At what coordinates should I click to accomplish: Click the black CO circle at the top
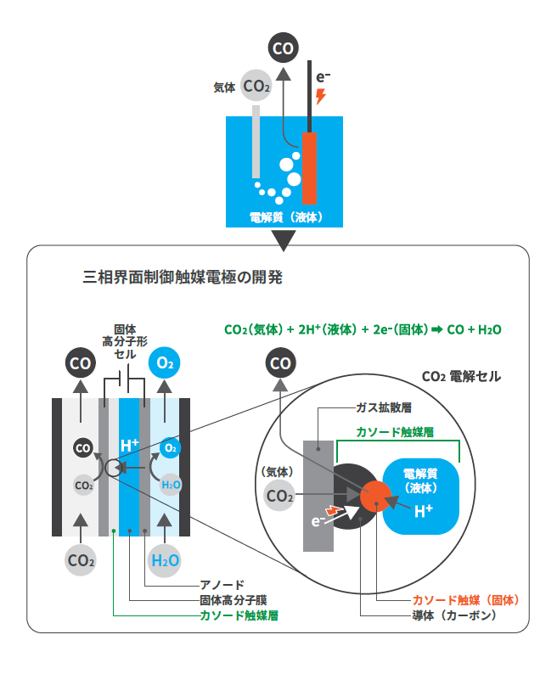(283, 48)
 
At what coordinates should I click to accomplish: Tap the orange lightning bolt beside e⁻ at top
(320, 95)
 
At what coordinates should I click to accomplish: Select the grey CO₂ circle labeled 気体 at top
(256, 86)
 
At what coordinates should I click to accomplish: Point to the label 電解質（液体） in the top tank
(286, 216)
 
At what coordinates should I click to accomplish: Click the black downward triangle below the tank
(284, 240)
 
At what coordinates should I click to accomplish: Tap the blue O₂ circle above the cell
(166, 364)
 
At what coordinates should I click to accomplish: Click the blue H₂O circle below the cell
(165, 560)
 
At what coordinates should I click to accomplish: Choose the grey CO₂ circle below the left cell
(81, 560)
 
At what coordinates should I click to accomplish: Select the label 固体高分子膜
(227, 600)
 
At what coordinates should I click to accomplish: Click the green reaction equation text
(363, 330)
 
